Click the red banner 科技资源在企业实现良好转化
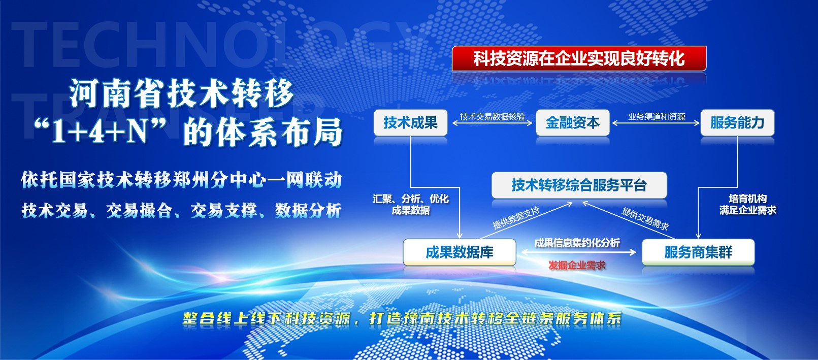click(x=579, y=58)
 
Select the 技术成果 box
click(x=410, y=123)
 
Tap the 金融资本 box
click(x=573, y=123)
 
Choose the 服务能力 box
click(x=737, y=123)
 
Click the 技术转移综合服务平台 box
click(x=579, y=185)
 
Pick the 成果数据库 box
click(x=460, y=252)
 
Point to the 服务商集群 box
click(x=698, y=252)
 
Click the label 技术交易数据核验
click(x=492, y=116)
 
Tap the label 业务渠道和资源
click(x=657, y=116)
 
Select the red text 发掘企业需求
click(x=577, y=266)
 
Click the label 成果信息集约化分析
click(x=577, y=243)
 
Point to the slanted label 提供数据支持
click(x=516, y=218)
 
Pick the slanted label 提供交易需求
click(x=645, y=219)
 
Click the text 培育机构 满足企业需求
click(x=748, y=205)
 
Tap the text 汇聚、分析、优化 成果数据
click(x=411, y=205)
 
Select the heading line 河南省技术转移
click(x=182, y=93)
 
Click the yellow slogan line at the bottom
click(x=402, y=319)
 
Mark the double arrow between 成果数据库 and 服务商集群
click(x=579, y=252)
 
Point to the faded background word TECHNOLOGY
click(x=212, y=44)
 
